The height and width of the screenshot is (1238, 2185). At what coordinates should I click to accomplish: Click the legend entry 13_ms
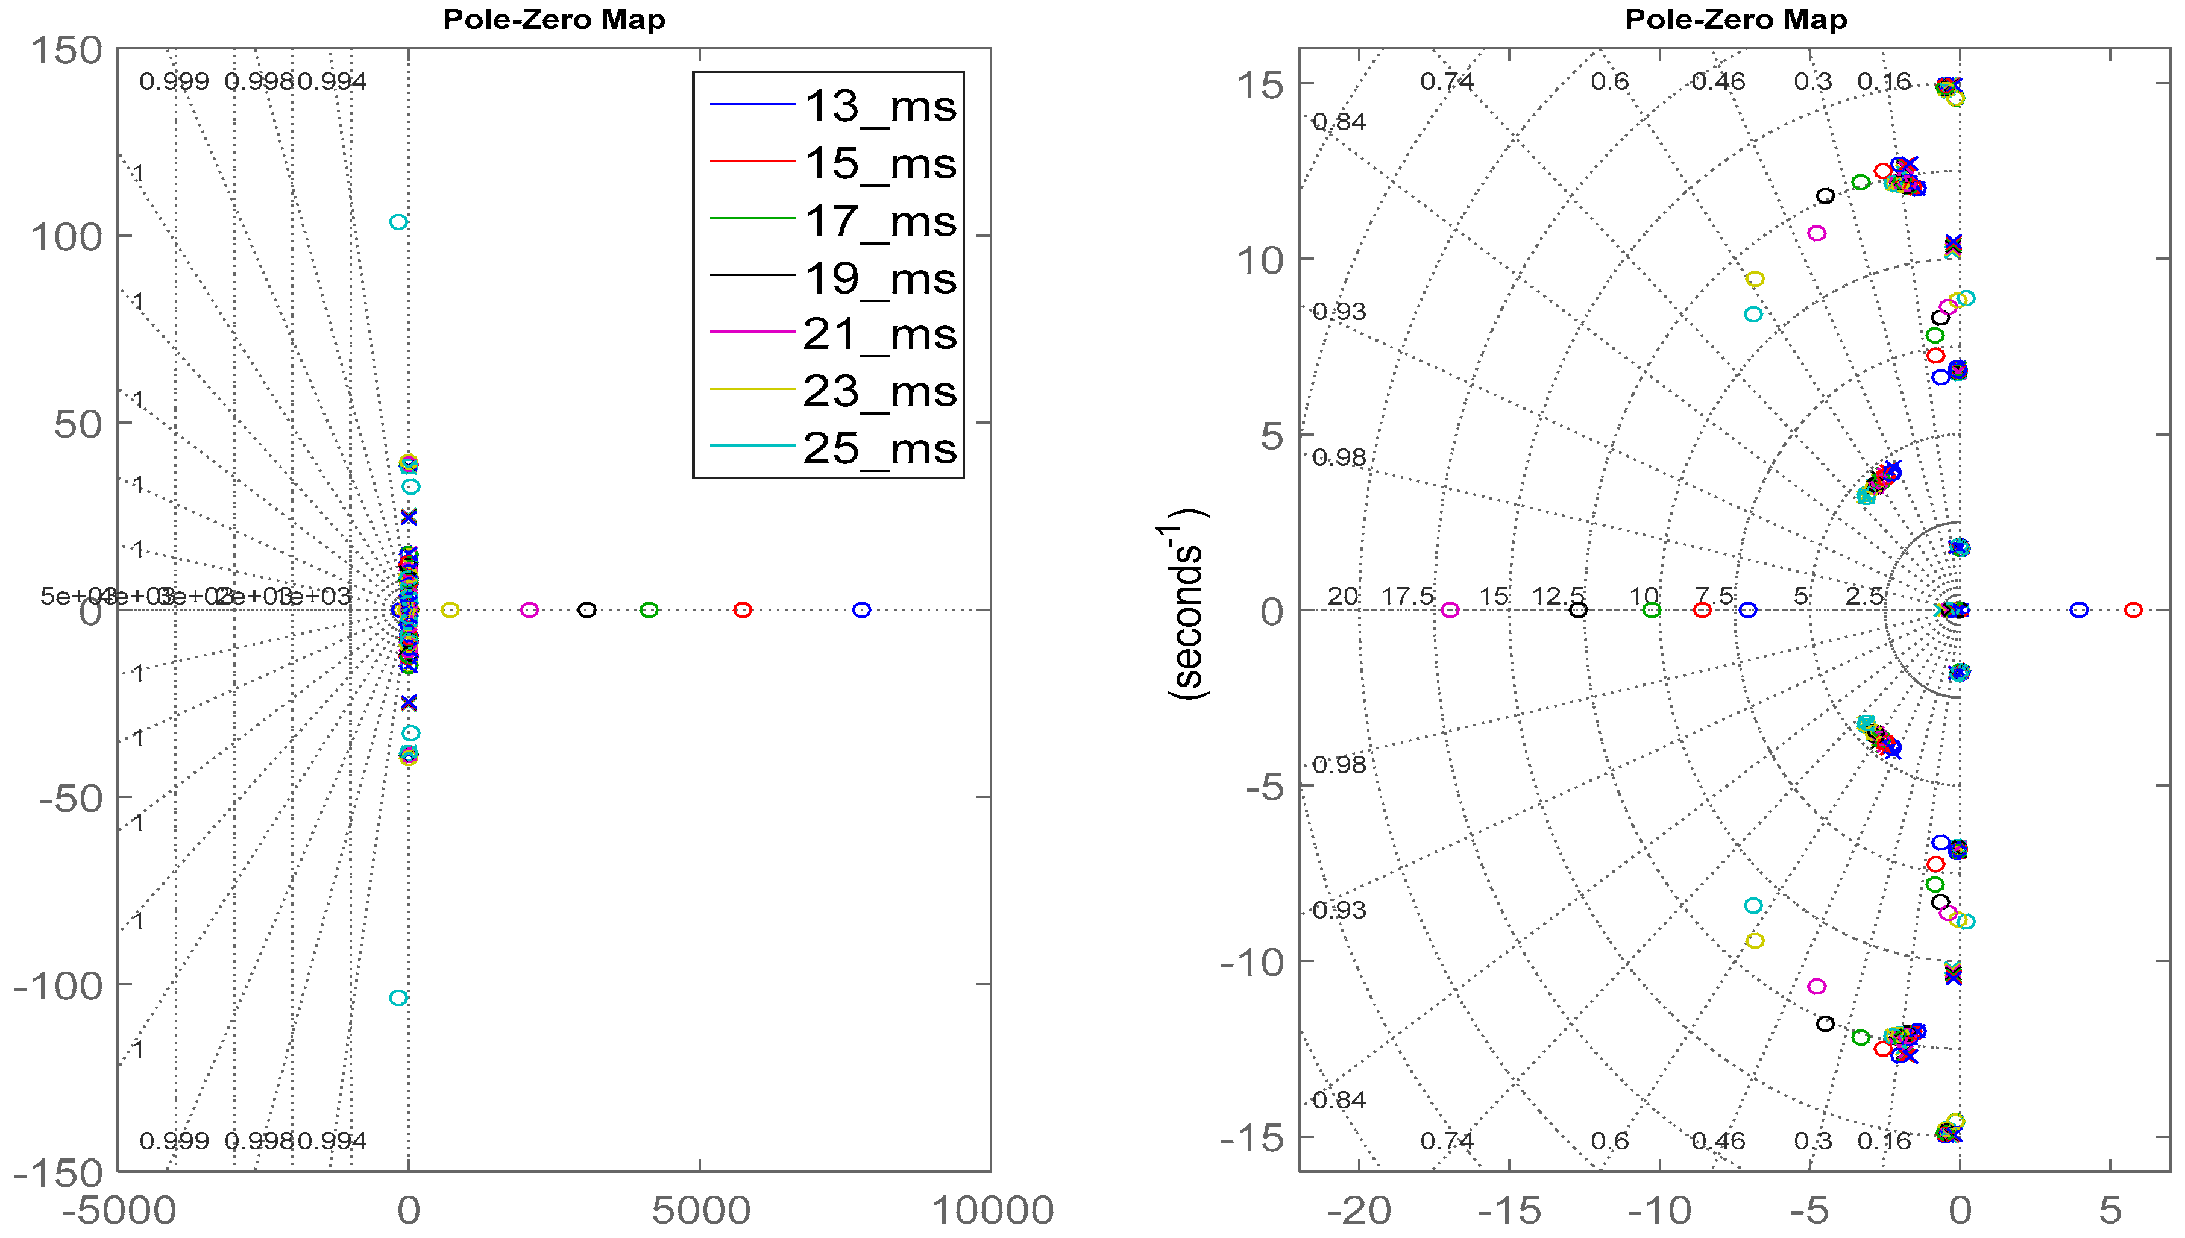tap(880, 106)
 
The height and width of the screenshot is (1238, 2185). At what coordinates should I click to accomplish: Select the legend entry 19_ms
tap(880, 278)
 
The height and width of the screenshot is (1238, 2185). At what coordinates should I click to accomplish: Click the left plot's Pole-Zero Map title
tap(553, 19)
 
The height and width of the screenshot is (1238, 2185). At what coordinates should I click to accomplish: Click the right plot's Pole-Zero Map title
tap(1735, 19)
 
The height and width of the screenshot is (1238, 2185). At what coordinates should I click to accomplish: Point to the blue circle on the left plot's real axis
tap(861, 609)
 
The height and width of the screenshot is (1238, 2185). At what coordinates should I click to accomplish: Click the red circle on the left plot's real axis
tap(742, 609)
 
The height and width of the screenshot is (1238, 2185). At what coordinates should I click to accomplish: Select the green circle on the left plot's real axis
tap(649, 609)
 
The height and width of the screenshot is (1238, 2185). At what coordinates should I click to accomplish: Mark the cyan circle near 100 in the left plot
tap(398, 222)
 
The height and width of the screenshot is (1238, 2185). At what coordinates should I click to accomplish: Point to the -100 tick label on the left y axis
tap(58, 986)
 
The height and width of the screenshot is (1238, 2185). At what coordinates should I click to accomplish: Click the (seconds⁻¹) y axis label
tap(1187, 605)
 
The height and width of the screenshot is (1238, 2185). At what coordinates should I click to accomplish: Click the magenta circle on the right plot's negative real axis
tap(1450, 609)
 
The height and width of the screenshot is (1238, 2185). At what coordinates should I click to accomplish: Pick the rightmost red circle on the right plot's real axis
tap(2133, 609)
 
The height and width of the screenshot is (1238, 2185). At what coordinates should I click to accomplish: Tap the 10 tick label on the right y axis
tap(1259, 259)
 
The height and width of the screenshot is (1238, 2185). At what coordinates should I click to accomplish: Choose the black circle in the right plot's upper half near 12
tap(1825, 196)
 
